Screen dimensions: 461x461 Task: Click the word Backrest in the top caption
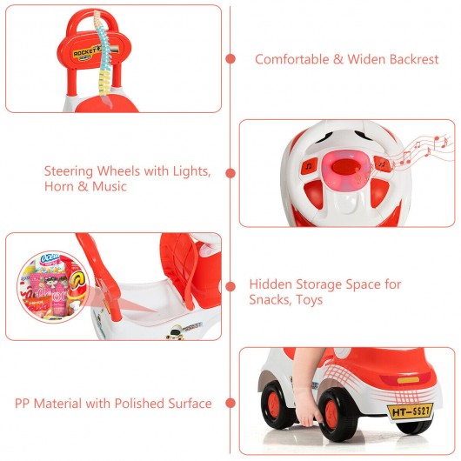click(414, 59)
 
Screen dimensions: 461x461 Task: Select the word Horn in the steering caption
click(57, 186)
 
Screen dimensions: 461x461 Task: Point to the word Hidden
click(270, 284)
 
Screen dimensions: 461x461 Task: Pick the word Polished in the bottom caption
click(139, 404)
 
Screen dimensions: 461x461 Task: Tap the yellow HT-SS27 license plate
click(411, 411)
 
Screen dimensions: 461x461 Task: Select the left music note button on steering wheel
click(310, 167)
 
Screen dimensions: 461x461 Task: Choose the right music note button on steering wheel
click(382, 164)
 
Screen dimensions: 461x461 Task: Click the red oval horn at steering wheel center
click(346, 166)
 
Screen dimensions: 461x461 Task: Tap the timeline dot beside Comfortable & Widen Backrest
click(230, 59)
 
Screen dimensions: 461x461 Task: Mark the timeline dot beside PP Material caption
click(230, 403)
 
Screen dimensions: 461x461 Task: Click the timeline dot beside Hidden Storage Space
click(230, 286)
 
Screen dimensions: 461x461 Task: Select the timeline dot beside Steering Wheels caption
click(230, 173)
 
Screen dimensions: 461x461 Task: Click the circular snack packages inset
click(53, 286)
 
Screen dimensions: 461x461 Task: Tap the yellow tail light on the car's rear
click(408, 380)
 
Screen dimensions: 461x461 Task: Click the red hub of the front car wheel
click(332, 414)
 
